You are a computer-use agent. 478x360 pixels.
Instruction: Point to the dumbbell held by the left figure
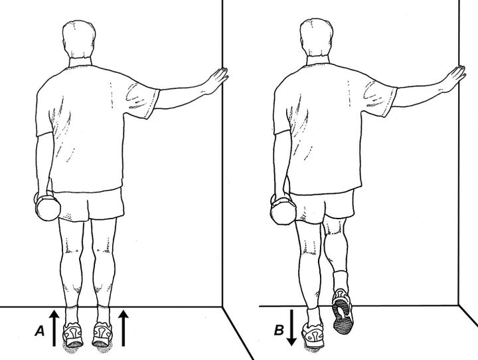(x=46, y=207)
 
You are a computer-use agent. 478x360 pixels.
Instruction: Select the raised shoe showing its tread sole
(x=342, y=311)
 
